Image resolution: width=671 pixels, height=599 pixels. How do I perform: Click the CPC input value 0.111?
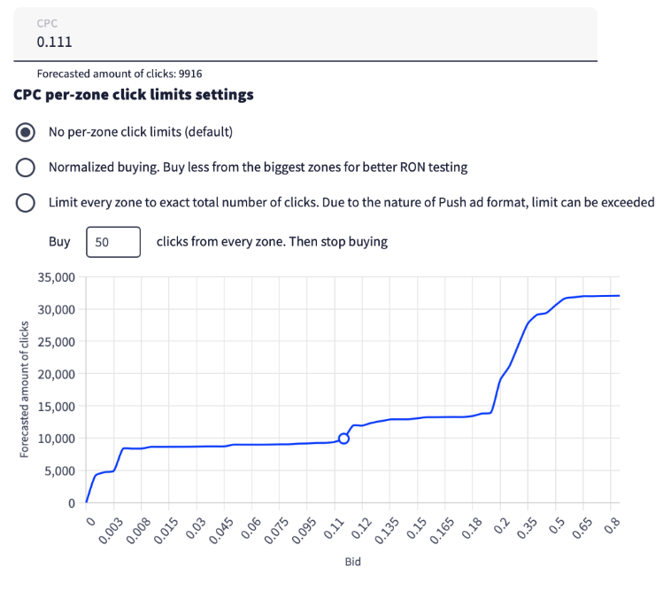(54, 42)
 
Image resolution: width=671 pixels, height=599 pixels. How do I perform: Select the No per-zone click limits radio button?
(27, 132)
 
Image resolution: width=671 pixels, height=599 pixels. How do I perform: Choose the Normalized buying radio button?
(27, 167)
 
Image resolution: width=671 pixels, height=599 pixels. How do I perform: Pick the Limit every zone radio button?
(27, 203)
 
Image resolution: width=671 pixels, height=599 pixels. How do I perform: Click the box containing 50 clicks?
(113, 241)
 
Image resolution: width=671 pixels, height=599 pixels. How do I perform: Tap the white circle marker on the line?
(343, 438)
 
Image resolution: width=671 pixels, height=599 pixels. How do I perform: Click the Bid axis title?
(352, 562)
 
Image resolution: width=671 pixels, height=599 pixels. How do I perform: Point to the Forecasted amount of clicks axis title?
(24, 390)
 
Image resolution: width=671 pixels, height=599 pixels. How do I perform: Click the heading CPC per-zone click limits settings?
(134, 94)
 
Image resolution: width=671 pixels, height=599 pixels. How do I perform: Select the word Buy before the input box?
(59, 241)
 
